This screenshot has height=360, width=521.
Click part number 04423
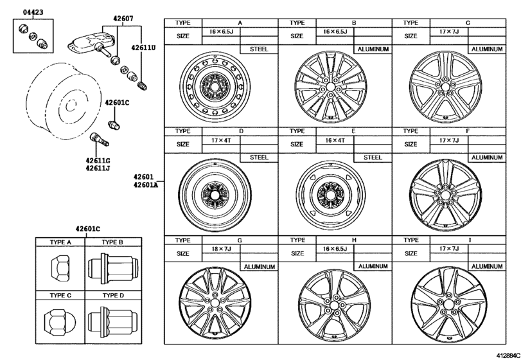[24, 12]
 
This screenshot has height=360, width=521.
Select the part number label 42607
[121, 19]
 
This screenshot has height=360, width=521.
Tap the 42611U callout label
[144, 47]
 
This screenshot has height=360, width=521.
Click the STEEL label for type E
[373, 157]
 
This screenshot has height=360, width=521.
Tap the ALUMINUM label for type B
[373, 49]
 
